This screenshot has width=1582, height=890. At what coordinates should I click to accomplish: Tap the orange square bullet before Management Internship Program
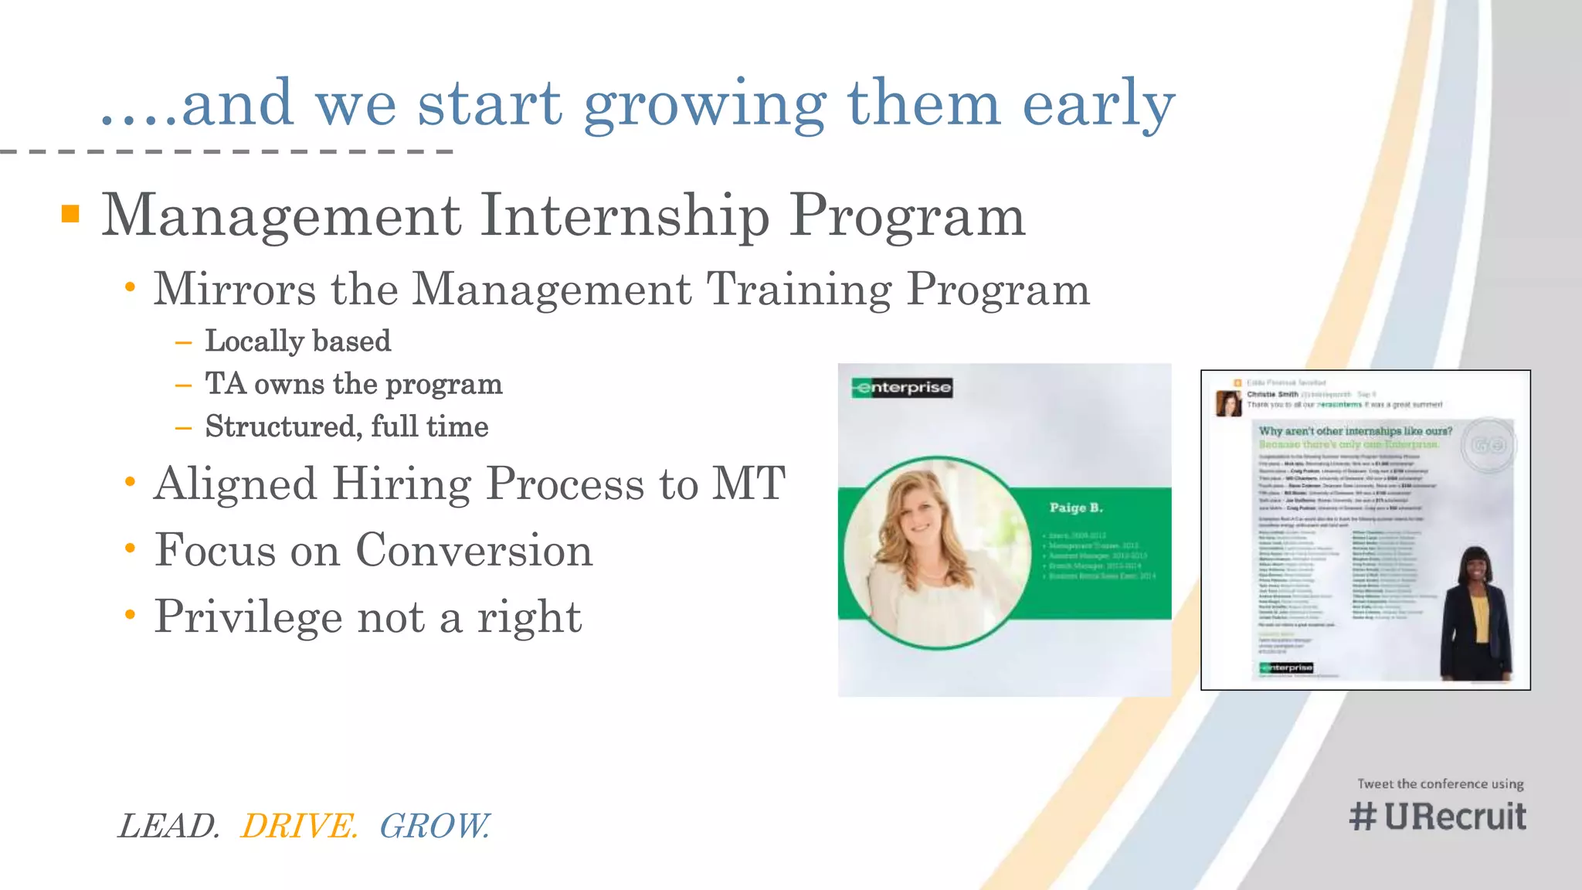(x=70, y=214)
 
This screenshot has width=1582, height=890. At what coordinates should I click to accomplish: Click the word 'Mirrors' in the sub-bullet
(x=234, y=289)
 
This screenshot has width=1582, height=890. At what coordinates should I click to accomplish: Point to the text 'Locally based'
(x=297, y=341)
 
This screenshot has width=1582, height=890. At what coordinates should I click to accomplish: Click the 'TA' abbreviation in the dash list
(x=225, y=384)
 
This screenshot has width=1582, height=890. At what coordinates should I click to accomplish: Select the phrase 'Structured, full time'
(x=346, y=426)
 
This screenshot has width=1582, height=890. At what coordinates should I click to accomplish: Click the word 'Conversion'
(x=474, y=550)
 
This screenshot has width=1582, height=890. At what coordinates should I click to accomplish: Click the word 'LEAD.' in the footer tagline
(x=169, y=826)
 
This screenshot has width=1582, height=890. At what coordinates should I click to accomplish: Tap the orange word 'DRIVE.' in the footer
(x=299, y=826)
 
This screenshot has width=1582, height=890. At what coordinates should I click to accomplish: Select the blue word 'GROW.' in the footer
(x=434, y=826)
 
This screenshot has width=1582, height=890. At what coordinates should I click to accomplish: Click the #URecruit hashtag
(x=1438, y=817)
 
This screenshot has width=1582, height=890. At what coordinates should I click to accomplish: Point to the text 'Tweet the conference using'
(x=1440, y=783)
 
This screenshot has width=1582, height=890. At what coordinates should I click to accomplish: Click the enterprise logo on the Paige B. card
(x=902, y=388)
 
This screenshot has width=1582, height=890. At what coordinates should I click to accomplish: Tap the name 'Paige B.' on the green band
(x=1075, y=508)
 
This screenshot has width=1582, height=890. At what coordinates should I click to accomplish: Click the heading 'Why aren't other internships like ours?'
(x=1355, y=431)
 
